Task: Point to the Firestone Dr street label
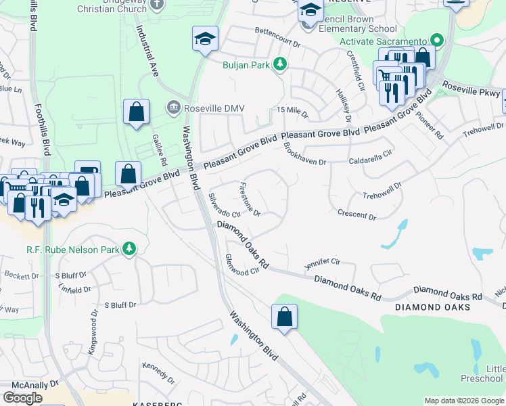[x=250, y=200]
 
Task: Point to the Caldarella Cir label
[x=370, y=158]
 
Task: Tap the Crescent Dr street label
[x=356, y=215]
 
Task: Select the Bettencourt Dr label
[x=277, y=36]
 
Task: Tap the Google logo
[x=22, y=398]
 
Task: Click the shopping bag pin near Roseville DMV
[x=136, y=113]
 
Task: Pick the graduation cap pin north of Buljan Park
[x=204, y=39]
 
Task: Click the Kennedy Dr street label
[x=158, y=371]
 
